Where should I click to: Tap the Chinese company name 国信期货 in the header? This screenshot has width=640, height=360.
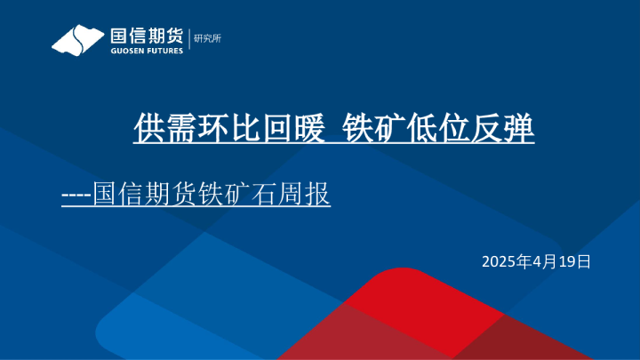tap(146, 36)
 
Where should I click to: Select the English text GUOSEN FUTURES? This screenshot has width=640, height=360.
tap(146, 52)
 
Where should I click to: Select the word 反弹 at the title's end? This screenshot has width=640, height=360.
tap(503, 128)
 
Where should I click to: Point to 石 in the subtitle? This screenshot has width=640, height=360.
tap(259, 194)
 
